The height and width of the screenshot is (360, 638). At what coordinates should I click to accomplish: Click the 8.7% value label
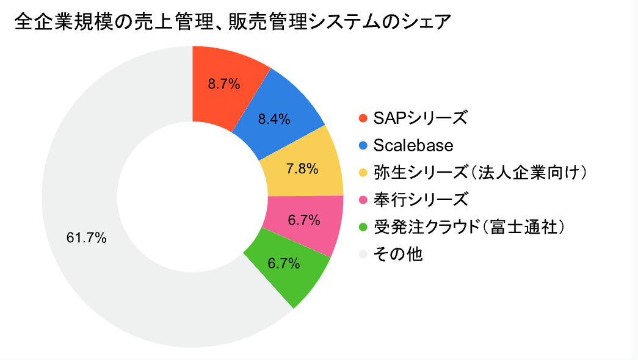click(224, 84)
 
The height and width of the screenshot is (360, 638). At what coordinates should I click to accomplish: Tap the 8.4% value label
click(274, 119)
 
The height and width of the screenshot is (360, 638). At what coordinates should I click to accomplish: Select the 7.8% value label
click(302, 169)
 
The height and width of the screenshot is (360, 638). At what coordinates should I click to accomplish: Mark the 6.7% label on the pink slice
click(304, 220)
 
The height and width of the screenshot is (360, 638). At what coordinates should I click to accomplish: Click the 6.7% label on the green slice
click(284, 264)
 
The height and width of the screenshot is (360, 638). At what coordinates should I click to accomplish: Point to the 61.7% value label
click(87, 238)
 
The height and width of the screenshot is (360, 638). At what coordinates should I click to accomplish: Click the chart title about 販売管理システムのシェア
click(233, 23)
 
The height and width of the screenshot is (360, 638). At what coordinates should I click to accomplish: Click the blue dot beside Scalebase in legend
click(364, 145)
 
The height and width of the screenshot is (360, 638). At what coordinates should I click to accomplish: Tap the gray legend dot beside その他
click(364, 254)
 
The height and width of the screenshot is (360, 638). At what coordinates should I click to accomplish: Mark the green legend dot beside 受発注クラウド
click(364, 227)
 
